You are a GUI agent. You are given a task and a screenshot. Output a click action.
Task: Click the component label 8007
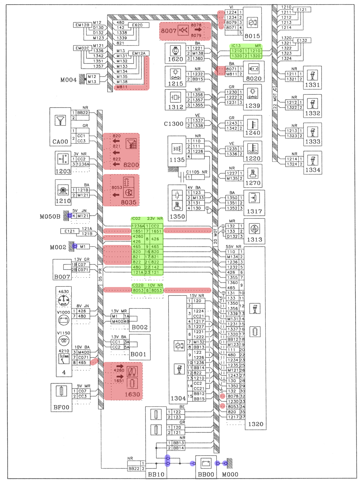click(x=168, y=31)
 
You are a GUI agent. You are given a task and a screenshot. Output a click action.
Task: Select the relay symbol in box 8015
click(x=253, y=22)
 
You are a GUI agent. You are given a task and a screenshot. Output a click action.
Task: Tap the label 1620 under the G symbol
click(x=175, y=59)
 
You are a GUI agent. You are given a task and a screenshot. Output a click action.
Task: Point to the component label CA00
click(x=60, y=142)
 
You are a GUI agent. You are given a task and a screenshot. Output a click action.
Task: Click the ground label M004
click(x=69, y=80)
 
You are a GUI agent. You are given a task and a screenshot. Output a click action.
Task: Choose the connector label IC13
click(x=236, y=46)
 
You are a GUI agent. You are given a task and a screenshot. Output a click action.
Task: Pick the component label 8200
click(x=131, y=165)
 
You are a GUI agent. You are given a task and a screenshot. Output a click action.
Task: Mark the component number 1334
click(x=312, y=170)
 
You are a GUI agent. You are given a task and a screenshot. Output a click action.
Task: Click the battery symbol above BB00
click(x=206, y=463)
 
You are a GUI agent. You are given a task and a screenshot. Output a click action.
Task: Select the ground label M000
click(x=230, y=474)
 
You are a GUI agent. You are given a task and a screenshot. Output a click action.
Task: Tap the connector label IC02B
click(x=138, y=285)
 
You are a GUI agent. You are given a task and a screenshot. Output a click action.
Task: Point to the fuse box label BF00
click(x=61, y=407)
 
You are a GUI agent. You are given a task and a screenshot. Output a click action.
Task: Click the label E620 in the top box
click(x=137, y=25)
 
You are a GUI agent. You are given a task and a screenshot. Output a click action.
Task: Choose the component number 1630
click(x=132, y=394)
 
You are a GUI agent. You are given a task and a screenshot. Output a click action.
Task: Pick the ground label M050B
click(x=50, y=216)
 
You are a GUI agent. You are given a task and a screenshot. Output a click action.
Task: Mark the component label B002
click(x=140, y=327)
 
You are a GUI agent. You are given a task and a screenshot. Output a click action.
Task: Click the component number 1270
click(x=253, y=183)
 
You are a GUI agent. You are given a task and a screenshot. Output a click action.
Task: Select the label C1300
click(x=174, y=124)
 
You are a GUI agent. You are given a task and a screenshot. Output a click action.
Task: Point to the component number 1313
click(x=255, y=239)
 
